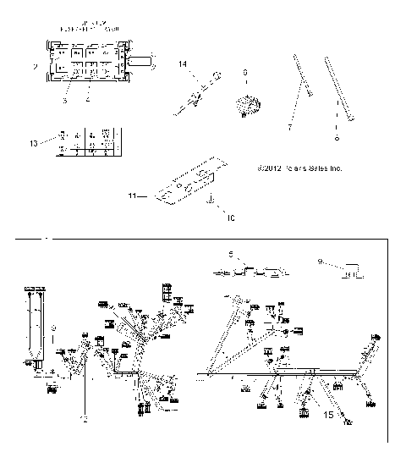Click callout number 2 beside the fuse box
click(x=35, y=65)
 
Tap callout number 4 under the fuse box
click(x=88, y=99)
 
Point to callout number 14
click(x=182, y=64)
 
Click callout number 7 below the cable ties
click(x=290, y=125)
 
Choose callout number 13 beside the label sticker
click(x=33, y=143)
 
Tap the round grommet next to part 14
click(x=246, y=107)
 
